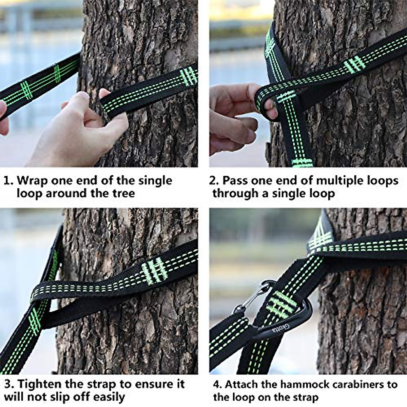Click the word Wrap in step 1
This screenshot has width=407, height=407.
coord(32,180)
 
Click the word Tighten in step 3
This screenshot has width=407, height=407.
coord(40,384)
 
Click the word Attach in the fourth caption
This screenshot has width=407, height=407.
coord(240,384)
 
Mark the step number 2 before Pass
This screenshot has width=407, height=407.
coord(213,180)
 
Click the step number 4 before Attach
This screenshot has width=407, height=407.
coord(217,385)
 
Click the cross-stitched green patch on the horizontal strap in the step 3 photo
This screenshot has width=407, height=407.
coord(155,270)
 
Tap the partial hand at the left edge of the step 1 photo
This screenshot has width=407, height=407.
coord(3,119)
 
